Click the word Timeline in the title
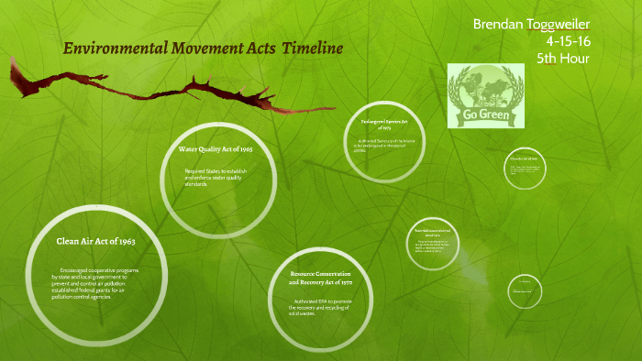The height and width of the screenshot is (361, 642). pyautogui.click(x=307, y=49)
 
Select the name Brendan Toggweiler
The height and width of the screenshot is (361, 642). pyautogui.click(x=531, y=23)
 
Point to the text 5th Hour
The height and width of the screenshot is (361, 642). pyautogui.click(x=562, y=59)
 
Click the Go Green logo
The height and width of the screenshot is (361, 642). pyautogui.click(x=485, y=96)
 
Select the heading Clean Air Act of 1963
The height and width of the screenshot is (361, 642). pyautogui.click(x=96, y=241)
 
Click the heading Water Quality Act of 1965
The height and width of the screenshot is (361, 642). pyautogui.click(x=221, y=148)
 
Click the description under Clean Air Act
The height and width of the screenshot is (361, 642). pyautogui.click(x=96, y=284)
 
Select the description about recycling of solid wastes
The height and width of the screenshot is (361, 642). pyautogui.click(x=317, y=305)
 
